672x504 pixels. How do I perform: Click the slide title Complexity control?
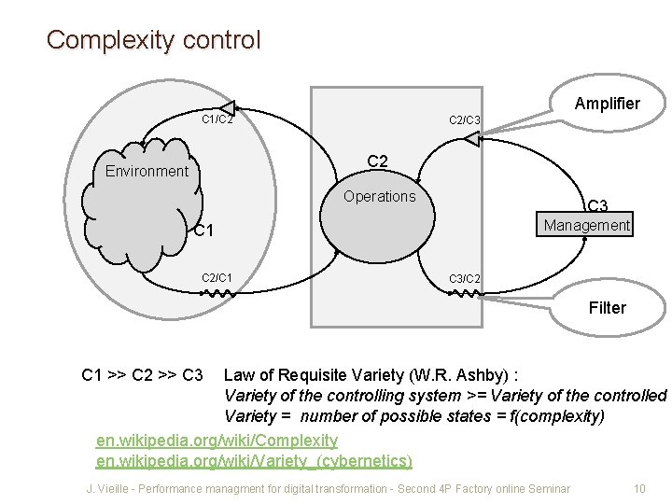click(x=154, y=40)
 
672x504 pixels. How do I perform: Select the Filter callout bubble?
click(x=607, y=308)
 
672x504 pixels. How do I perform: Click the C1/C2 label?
click(x=217, y=119)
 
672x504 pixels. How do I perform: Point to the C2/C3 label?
click(x=465, y=119)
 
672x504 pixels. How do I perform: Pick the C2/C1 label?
click(x=217, y=277)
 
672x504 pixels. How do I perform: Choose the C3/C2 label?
click(x=465, y=278)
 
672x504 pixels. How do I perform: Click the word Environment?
click(x=147, y=171)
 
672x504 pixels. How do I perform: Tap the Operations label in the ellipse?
click(x=379, y=196)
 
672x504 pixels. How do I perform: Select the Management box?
click(x=587, y=225)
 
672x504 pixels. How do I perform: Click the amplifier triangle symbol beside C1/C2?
click(x=227, y=108)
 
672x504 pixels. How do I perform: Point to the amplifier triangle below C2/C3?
click(x=471, y=139)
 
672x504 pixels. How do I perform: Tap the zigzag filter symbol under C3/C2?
click(x=465, y=293)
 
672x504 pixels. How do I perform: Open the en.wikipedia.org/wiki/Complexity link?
click(x=217, y=439)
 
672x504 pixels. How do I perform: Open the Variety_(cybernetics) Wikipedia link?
click(x=254, y=460)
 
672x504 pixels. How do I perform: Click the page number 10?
click(x=639, y=488)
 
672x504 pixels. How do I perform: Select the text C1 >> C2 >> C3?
click(x=143, y=375)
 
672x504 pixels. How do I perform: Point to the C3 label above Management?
click(x=597, y=205)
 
